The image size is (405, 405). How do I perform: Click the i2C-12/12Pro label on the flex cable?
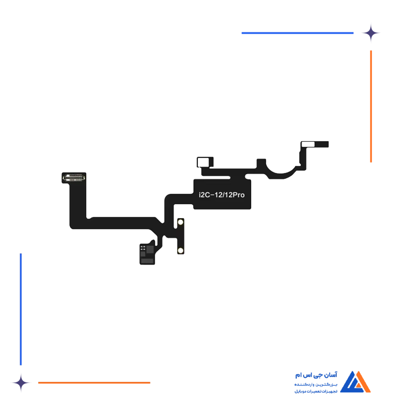click(x=218, y=195)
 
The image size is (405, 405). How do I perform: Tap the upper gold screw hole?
click(x=181, y=223)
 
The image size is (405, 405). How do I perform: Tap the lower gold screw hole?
click(x=181, y=250)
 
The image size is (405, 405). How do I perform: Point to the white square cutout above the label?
click(x=204, y=163)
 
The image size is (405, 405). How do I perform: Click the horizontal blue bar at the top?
click(x=298, y=33)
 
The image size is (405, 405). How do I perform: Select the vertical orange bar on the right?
click(x=370, y=106)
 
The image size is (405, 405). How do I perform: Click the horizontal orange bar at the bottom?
click(x=95, y=382)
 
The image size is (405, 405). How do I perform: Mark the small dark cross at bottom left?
click(x=21, y=382)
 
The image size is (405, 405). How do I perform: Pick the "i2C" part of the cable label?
click(x=200, y=195)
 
